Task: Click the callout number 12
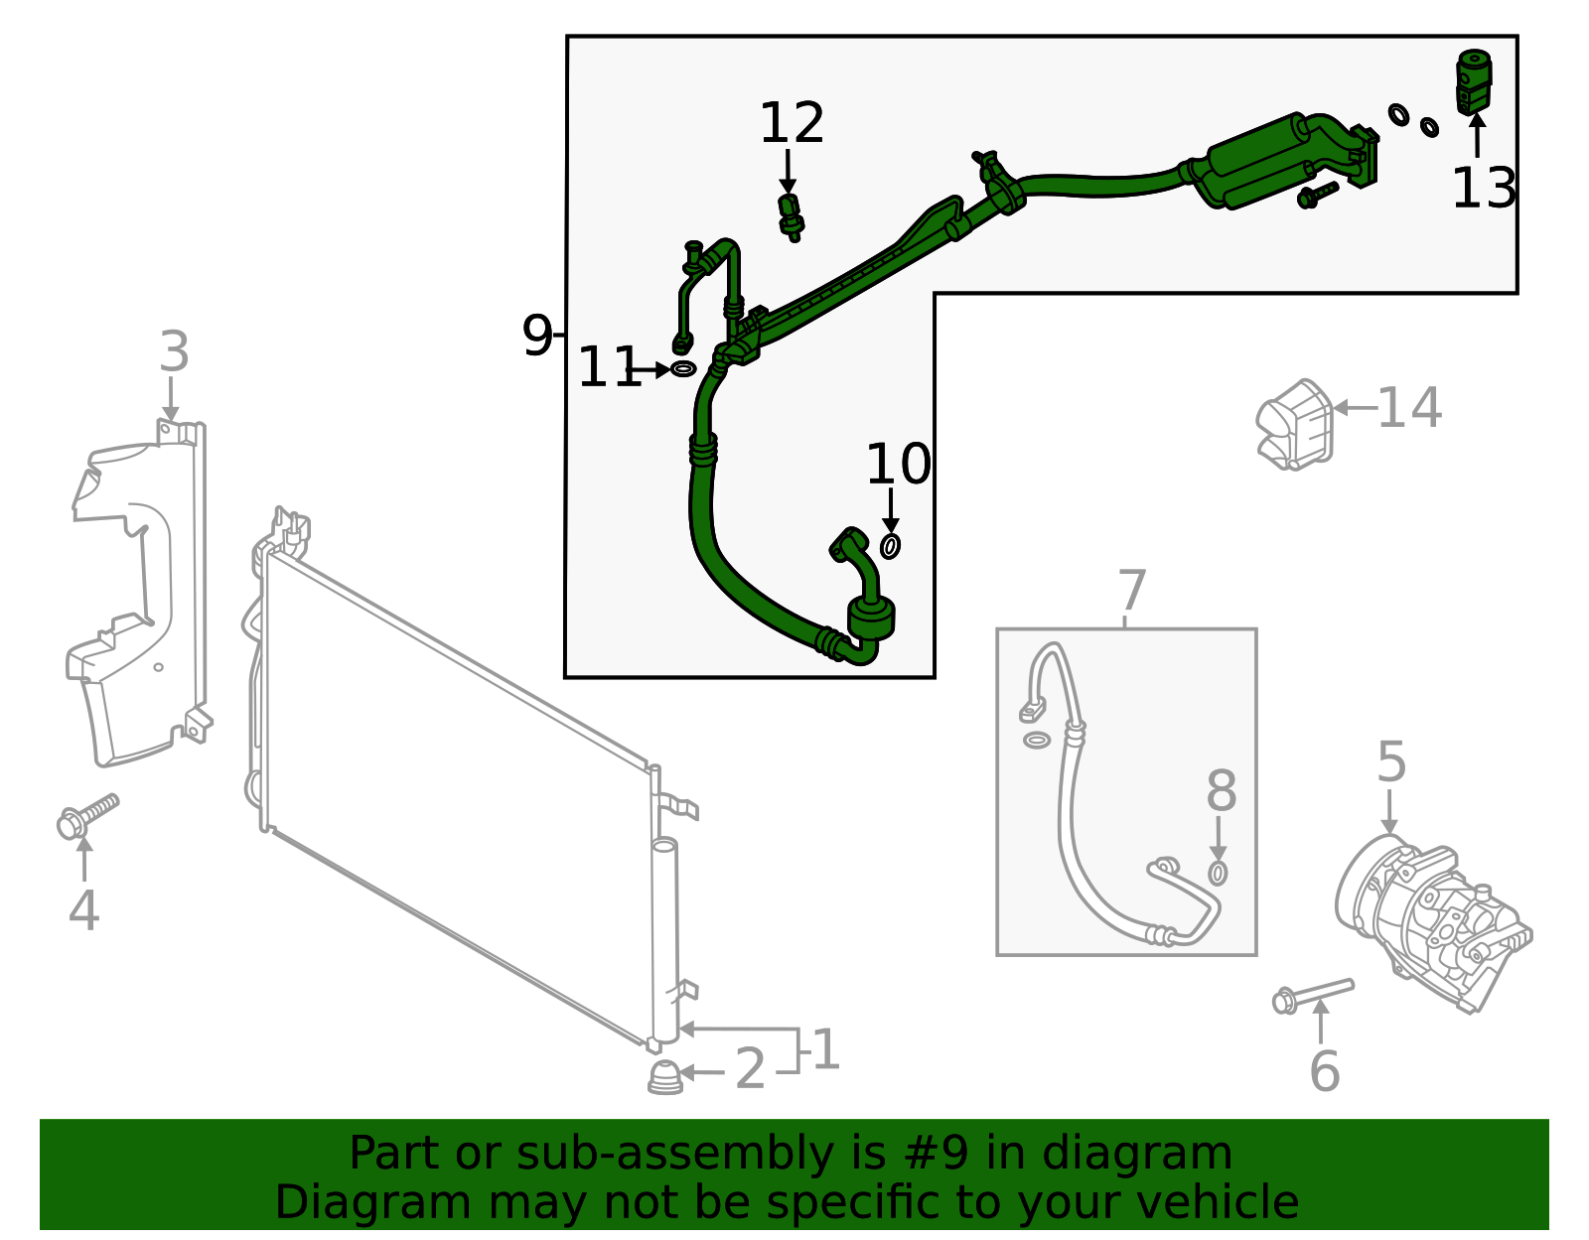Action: coord(792,124)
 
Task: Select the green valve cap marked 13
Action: coord(1474,82)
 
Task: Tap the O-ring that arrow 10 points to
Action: coord(890,546)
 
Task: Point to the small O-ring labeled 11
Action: coord(683,369)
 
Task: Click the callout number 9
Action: coord(536,337)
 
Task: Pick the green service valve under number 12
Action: coord(791,217)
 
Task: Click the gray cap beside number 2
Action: coord(665,1077)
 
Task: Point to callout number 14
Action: coord(1409,408)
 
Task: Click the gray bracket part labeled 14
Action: coord(1295,425)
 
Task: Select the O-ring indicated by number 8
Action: coord(1218,874)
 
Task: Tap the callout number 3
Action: coord(174,352)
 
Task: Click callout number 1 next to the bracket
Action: coord(825,1050)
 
